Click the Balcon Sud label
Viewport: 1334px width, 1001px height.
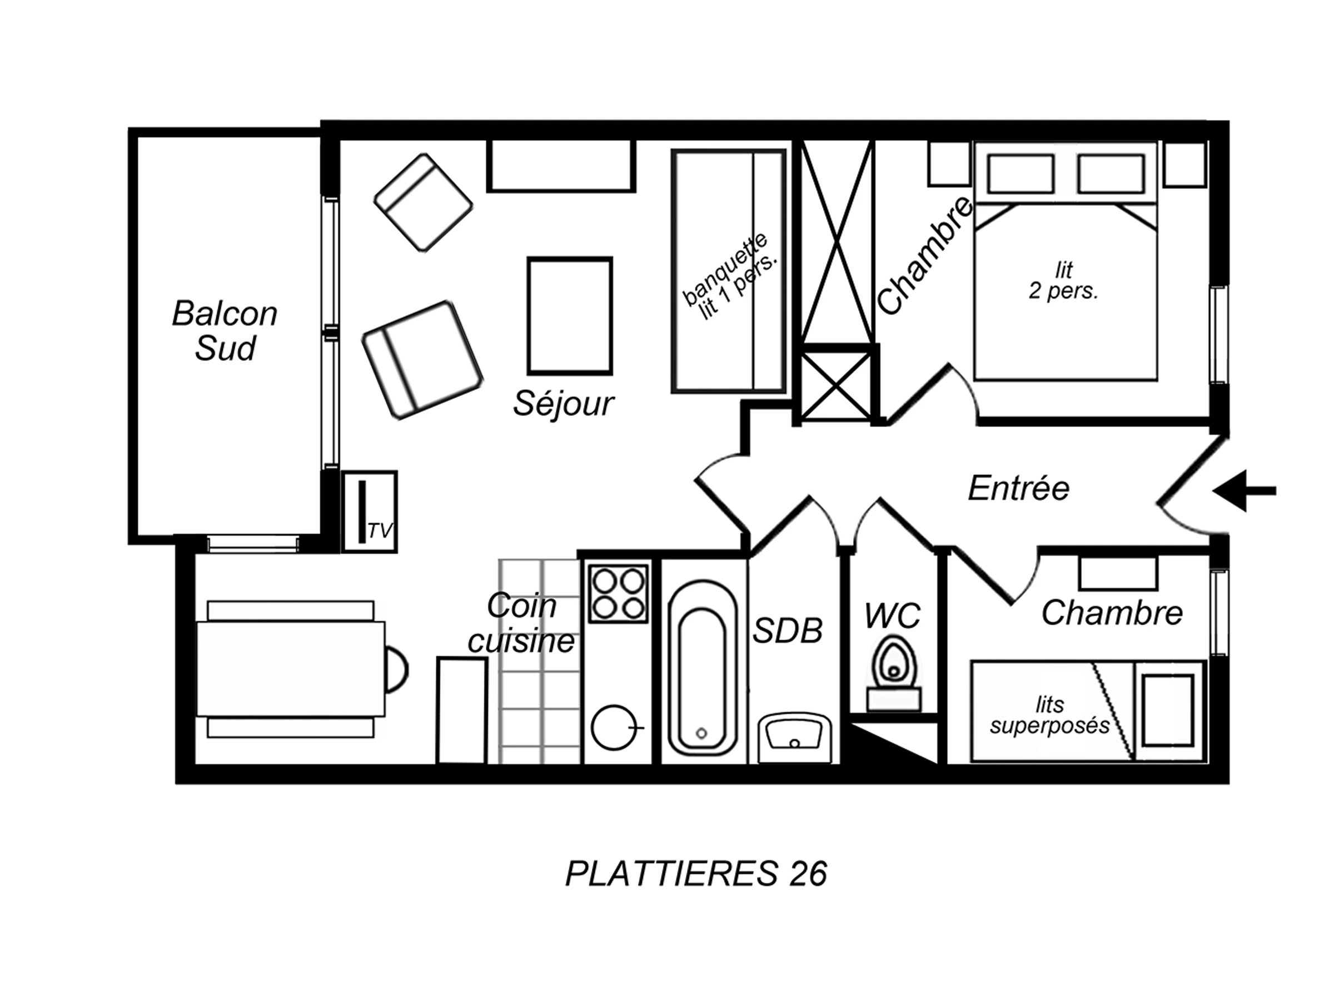point(225,331)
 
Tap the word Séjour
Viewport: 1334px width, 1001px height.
point(563,404)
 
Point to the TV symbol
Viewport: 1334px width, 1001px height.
point(370,512)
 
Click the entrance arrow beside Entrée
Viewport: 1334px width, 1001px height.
point(1243,491)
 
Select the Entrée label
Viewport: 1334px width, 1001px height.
point(1019,488)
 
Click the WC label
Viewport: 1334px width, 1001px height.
point(893,616)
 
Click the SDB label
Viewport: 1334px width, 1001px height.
point(788,631)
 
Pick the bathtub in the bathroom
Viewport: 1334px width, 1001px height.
point(703,667)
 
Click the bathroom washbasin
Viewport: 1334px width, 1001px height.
point(794,737)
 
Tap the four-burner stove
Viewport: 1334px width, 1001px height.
point(618,594)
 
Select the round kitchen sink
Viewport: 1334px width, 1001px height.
point(614,727)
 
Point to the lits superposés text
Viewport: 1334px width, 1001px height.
point(1049,715)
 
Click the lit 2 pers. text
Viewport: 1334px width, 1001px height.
point(1064,281)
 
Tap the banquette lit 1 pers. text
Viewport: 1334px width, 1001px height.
point(730,276)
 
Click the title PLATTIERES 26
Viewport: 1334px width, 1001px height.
point(696,873)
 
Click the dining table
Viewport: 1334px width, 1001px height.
point(291,669)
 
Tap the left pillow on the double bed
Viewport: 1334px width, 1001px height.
point(1021,174)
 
